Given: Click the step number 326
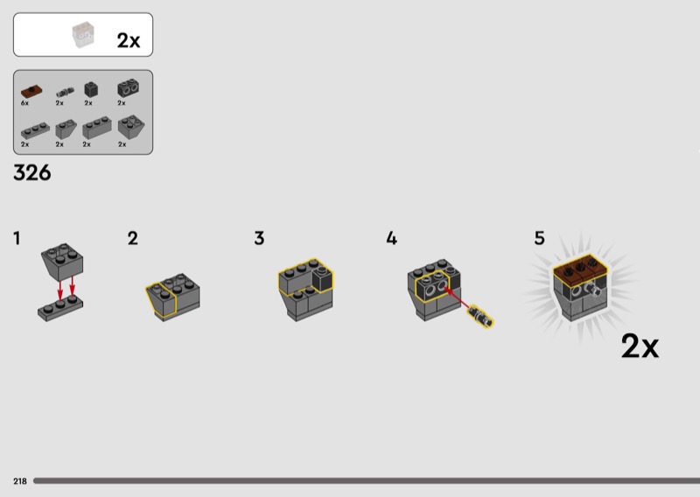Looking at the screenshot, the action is (32, 172).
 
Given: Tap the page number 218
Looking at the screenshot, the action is (20, 481).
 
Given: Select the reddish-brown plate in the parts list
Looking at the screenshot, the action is (31, 91).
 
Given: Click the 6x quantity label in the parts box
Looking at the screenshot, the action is (24, 103).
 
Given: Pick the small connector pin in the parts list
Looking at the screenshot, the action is (65, 93).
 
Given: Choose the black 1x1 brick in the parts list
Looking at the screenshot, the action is (91, 90).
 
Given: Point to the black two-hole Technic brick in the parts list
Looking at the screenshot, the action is (128, 88).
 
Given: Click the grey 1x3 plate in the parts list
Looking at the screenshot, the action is (35, 130).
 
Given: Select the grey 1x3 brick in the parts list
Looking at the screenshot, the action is (97, 128).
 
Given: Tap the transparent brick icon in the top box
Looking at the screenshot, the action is (83, 34).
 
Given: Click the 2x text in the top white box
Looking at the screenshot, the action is (129, 40).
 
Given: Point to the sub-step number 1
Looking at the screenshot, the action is (17, 238).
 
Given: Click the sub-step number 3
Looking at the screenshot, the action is (259, 238).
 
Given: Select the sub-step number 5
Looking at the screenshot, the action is (540, 238).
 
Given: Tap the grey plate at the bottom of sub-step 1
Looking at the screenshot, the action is (60, 308).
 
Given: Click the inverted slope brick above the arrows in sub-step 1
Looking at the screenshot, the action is (62, 262).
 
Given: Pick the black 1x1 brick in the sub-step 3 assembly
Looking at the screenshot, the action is (322, 279).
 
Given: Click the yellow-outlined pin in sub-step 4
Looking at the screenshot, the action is (480, 317).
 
